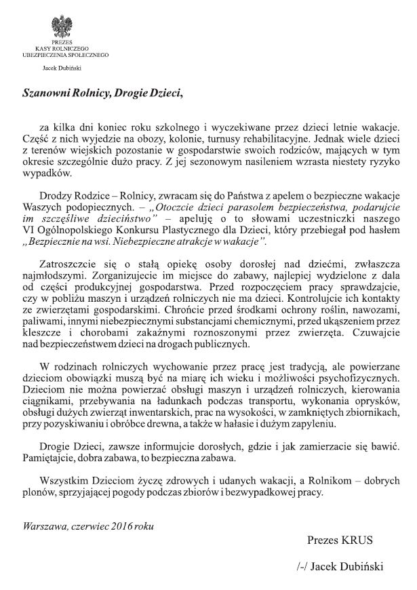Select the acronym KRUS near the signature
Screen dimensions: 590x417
pos(358,540)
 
